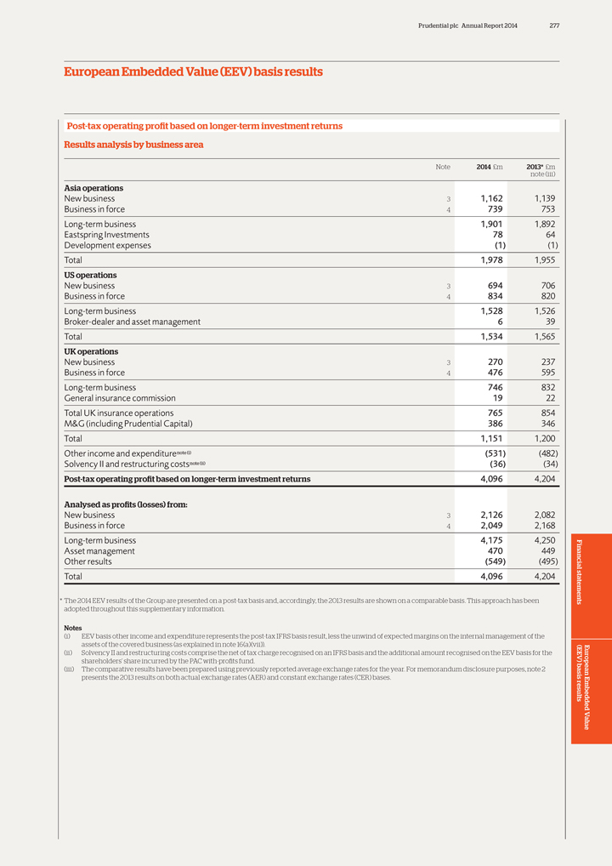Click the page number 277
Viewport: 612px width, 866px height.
554,26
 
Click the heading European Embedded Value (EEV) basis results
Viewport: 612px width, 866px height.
193,72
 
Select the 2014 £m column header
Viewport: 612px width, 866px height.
490,167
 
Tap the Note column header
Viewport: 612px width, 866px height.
443,167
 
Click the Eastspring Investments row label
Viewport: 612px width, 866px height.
107,235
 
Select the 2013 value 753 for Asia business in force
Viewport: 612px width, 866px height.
546,209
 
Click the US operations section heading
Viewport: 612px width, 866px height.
91,276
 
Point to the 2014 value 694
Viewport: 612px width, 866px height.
492,286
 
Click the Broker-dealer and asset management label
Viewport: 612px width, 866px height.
133,322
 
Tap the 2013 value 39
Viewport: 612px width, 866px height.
549,322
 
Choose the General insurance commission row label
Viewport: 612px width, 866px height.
120,398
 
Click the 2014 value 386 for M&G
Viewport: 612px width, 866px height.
492,424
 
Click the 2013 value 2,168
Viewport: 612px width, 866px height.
541,526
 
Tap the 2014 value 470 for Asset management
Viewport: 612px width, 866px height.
492,550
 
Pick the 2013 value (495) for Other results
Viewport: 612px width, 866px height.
542,561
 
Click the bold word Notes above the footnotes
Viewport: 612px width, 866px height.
73,628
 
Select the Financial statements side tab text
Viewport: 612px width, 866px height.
581,571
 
